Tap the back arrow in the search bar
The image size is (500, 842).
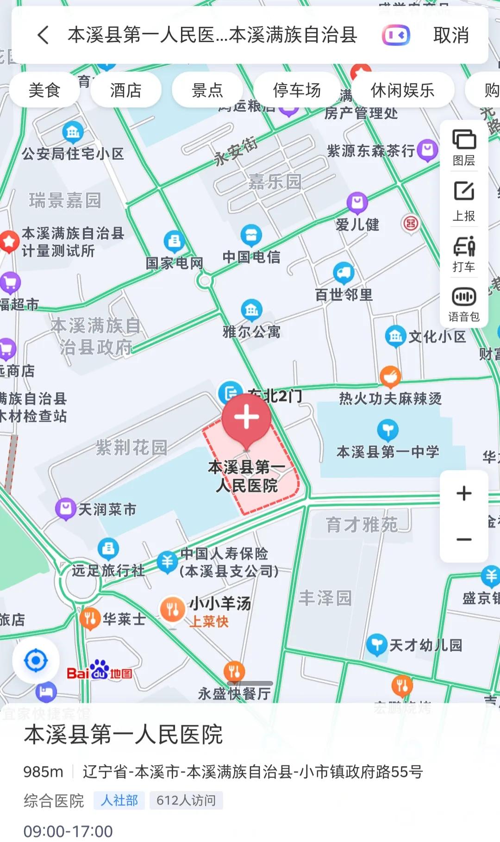tap(43, 35)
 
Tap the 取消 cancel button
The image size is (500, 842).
tap(451, 35)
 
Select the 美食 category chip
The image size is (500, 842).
tap(44, 90)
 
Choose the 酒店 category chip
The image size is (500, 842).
tap(126, 90)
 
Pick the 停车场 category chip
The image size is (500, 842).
tap(297, 90)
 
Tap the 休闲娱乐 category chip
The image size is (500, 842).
tap(402, 90)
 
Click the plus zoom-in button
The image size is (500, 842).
tap(464, 493)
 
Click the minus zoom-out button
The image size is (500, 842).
tap(464, 540)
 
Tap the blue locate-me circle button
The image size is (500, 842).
tap(36, 661)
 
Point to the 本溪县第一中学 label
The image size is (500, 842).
tap(387, 452)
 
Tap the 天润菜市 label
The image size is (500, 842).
tap(107, 510)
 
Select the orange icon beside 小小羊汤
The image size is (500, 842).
tap(172, 610)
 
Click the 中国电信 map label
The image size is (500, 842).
tap(251, 257)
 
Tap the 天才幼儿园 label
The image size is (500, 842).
tap(425, 645)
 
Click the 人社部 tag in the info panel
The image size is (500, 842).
tap(119, 800)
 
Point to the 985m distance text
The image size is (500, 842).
tap(43, 772)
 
